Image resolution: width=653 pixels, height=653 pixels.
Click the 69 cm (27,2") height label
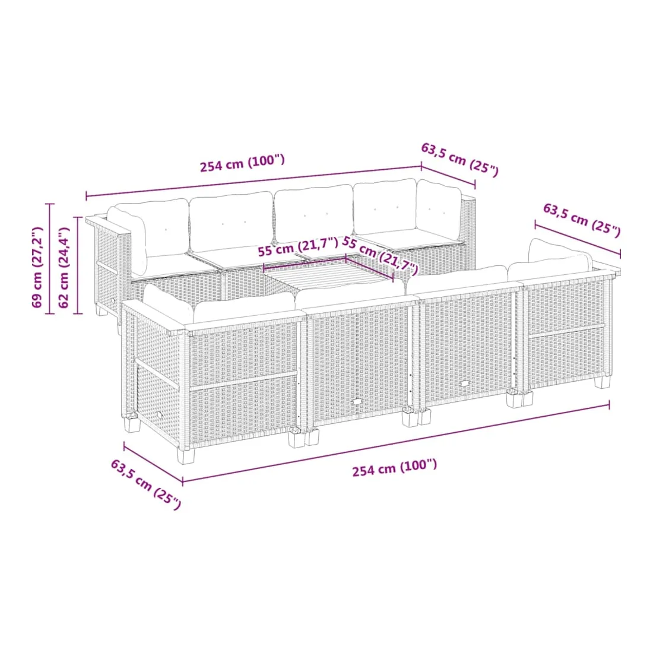(37, 267)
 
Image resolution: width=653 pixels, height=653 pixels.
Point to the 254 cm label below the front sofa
(395, 468)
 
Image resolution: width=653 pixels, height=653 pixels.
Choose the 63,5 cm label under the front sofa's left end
(146, 484)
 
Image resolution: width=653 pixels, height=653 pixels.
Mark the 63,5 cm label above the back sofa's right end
(459, 160)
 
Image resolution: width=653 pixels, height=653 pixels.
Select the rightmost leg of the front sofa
(602, 382)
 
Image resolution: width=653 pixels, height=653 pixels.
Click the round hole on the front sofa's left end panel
(160, 415)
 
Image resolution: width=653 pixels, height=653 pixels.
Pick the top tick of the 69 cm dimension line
(49, 204)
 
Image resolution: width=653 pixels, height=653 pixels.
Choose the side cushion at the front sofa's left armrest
(168, 303)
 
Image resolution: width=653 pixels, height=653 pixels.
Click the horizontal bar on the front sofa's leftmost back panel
(243, 381)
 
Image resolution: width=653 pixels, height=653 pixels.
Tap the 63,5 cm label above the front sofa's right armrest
(582, 220)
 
